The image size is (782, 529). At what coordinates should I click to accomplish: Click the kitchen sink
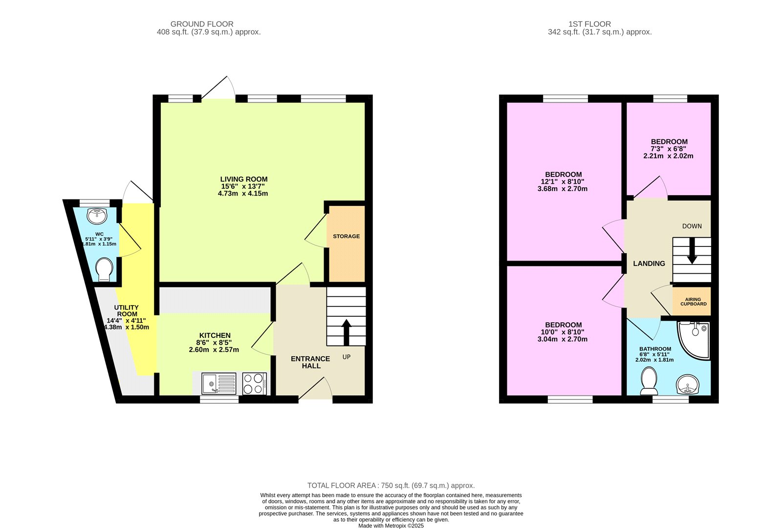pyautogui.click(x=219, y=383)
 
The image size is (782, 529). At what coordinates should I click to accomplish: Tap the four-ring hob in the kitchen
pyautogui.click(x=254, y=383)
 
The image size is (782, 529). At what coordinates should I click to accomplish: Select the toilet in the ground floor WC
pyautogui.click(x=104, y=269)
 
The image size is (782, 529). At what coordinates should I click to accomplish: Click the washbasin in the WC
pyautogui.click(x=96, y=215)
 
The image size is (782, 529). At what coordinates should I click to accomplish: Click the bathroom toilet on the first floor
pyautogui.click(x=649, y=381)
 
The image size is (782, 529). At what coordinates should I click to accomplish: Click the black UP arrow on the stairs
pyautogui.click(x=346, y=332)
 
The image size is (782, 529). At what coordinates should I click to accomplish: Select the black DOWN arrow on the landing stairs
pyautogui.click(x=692, y=252)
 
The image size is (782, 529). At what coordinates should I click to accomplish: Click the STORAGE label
pyautogui.click(x=346, y=236)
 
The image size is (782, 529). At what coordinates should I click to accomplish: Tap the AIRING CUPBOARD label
pyautogui.click(x=693, y=302)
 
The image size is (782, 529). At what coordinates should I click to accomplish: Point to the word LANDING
pyautogui.click(x=649, y=264)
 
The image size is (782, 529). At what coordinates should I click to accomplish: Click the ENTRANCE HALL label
pyautogui.click(x=310, y=362)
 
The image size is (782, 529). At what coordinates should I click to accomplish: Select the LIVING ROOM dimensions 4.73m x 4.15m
pyautogui.click(x=243, y=194)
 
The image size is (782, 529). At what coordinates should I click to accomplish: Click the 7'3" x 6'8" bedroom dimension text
pyautogui.click(x=668, y=149)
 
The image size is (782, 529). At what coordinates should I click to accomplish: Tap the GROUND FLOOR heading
pyautogui.click(x=202, y=24)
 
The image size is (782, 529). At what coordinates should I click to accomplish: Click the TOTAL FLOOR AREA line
pyautogui.click(x=391, y=485)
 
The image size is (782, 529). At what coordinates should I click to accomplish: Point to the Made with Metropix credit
pyautogui.click(x=391, y=526)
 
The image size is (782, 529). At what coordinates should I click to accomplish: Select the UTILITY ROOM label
pyautogui.click(x=127, y=311)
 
